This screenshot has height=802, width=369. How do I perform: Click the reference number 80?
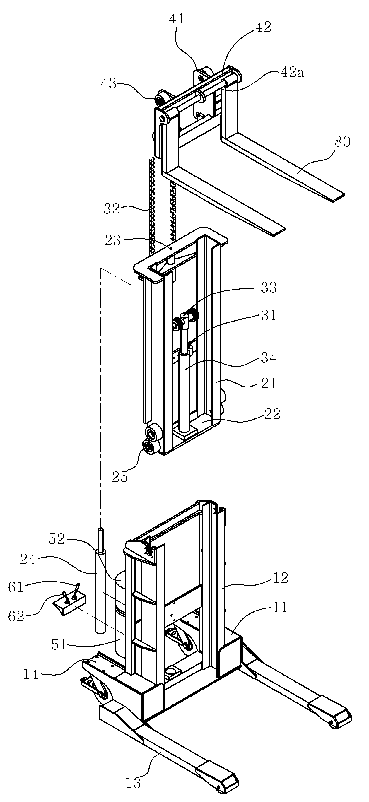[x=343, y=142]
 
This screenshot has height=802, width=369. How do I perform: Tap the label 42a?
[x=292, y=73]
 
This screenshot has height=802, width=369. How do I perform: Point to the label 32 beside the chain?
[x=112, y=209]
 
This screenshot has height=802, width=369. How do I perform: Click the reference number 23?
[x=113, y=241]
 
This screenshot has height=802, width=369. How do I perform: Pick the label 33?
[x=269, y=288]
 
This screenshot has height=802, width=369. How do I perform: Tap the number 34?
[x=269, y=358]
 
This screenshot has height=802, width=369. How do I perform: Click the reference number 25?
[x=120, y=477]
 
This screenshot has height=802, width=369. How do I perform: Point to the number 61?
[x=16, y=587]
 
